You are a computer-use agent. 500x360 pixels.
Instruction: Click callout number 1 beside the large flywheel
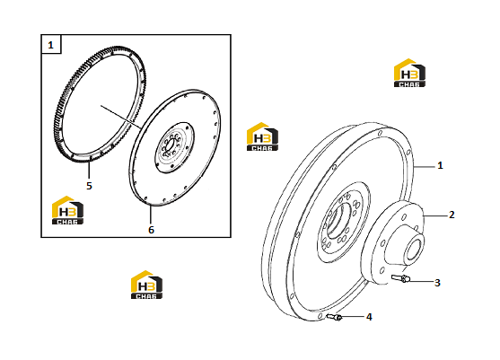point(440,165)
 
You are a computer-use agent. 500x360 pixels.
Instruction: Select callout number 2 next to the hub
point(452,215)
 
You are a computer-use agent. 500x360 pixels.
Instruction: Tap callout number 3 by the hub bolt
point(437,283)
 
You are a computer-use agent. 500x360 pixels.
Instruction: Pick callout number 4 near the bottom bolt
point(369,317)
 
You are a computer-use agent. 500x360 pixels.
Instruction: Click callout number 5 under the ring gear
point(89,186)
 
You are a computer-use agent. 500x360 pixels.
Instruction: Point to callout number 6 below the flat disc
point(151,230)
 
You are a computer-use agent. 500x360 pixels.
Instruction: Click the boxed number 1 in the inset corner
point(50,45)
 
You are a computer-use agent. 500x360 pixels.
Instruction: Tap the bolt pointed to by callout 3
point(400,278)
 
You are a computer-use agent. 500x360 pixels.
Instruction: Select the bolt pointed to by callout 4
point(334,317)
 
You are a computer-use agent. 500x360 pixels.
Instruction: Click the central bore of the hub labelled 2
point(414,247)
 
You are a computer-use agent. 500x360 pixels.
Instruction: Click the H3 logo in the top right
point(409,73)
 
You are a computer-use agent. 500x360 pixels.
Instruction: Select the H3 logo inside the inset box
point(67,210)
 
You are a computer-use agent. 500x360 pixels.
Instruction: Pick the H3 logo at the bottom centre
point(146,285)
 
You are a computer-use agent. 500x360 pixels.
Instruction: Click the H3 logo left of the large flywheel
point(262,136)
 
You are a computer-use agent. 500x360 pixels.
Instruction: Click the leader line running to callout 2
point(435,215)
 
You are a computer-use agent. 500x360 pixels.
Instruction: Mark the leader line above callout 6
point(150,215)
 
